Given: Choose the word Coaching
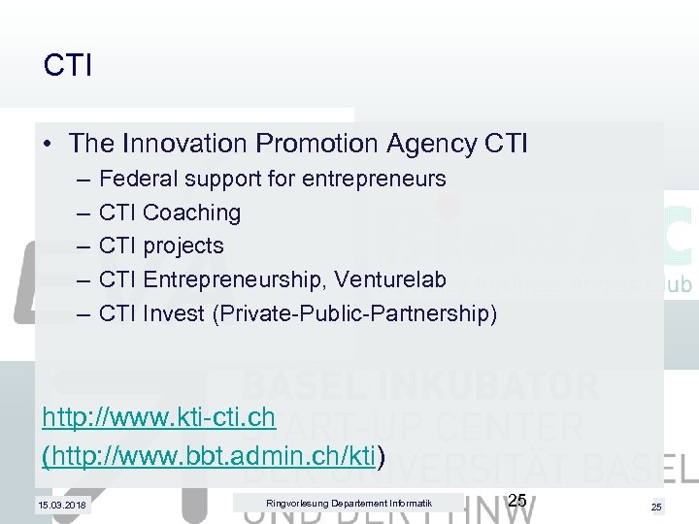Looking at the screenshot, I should (191, 212).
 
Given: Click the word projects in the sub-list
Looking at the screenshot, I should (183, 246).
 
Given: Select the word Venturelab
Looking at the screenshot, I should (391, 279).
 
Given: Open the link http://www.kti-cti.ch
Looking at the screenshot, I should (159, 418).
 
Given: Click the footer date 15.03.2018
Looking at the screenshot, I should (61, 505).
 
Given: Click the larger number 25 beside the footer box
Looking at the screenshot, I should (517, 501).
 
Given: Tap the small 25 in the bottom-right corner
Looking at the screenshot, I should (657, 507).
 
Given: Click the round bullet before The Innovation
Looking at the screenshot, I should (49, 145).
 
